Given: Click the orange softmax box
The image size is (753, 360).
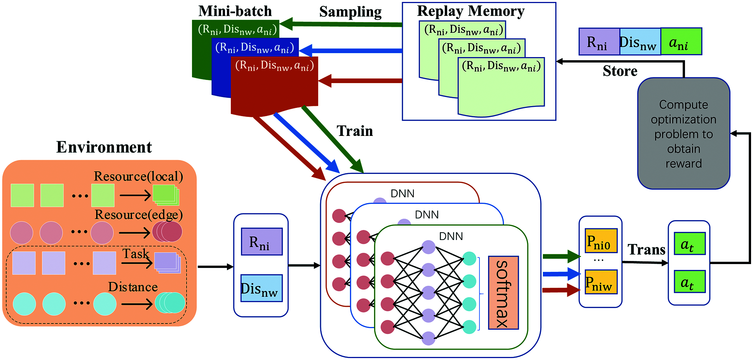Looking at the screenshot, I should [x=503, y=292].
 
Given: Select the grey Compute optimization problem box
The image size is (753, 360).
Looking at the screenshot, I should [x=683, y=134].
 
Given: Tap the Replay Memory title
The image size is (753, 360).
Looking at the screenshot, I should [x=471, y=11].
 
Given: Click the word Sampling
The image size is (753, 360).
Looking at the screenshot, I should [x=350, y=12].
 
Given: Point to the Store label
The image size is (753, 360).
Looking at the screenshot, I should [x=620, y=71].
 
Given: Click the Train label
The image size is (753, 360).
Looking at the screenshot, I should [x=354, y=131].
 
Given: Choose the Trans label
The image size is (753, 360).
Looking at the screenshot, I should [x=646, y=249].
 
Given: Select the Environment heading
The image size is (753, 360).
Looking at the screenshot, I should [x=104, y=147].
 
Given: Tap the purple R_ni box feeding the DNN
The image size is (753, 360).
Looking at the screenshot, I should [x=261, y=242].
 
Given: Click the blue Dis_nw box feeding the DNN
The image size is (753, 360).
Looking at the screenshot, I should [x=261, y=288].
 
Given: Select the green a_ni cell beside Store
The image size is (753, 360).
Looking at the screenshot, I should [x=681, y=41].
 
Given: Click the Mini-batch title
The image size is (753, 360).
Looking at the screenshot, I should [x=235, y=11].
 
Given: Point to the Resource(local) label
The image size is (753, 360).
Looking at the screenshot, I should [x=138, y=176].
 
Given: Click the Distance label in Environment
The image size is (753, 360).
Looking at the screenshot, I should [x=133, y=287].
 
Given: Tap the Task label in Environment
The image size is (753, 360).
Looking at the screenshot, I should [x=136, y=254].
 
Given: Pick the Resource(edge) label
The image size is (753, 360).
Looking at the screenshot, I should [x=138, y=214].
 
